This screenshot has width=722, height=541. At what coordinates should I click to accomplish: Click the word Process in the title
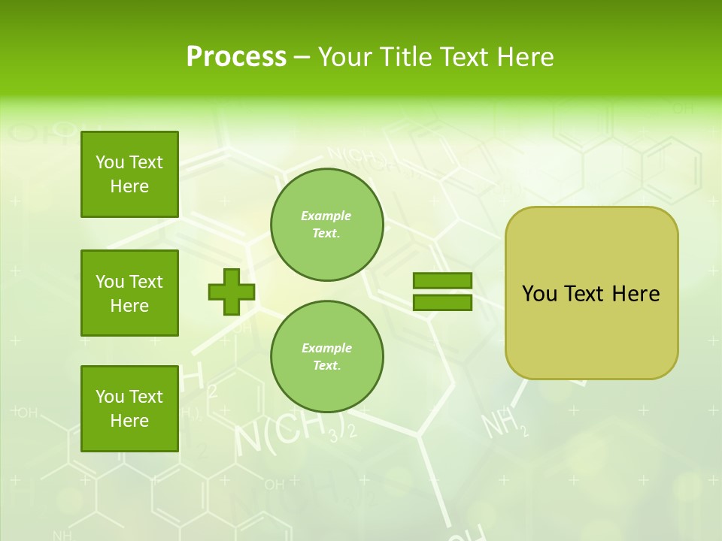pyautogui.click(x=236, y=56)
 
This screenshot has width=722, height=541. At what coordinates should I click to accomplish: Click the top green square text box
pyautogui.click(x=129, y=174)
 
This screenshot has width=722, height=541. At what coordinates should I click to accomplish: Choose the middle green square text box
pyautogui.click(x=129, y=293)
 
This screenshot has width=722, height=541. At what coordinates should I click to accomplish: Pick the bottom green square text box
pyautogui.click(x=129, y=409)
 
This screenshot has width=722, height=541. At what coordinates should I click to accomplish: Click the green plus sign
pyautogui.click(x=232, y=292)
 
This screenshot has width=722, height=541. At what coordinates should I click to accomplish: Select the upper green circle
pyautogui.click(x=327, y=225)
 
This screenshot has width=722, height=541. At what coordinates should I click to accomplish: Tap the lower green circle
pyautogui.click(x=327, y=357)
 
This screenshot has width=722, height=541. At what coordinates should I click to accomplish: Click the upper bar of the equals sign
pyautogui.click(x=442, y=281)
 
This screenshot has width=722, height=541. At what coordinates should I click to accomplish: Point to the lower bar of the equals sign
pyautogui.click(x=442, y=303)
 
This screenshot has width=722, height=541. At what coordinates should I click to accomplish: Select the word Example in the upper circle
pyautogui.click(x=326, y=216)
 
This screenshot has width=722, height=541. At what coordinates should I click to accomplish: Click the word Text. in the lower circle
pyautogui.click(x=326, y=366)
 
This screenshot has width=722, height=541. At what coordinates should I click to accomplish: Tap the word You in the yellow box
pyautogui.click(x=539, y=294)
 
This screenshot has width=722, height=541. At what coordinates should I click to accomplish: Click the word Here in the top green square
pyautogui.click(x=129, y=186)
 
